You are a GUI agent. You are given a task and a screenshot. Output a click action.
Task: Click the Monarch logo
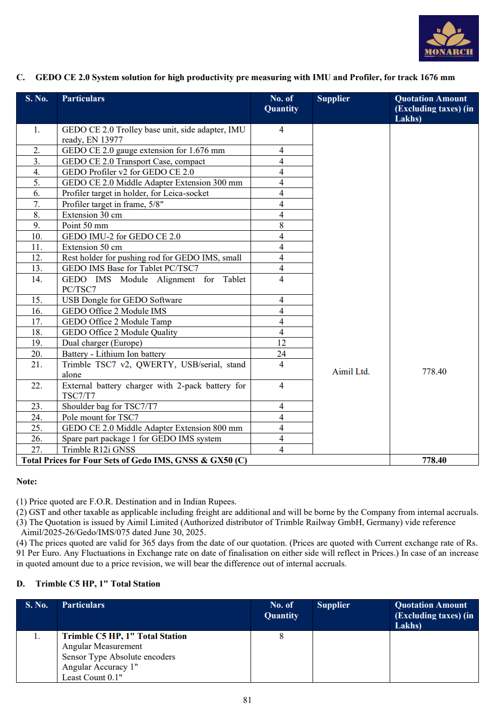click(x=448, y=38)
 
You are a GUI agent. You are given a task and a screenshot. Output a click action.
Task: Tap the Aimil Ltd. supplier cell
click(x=351, y=371)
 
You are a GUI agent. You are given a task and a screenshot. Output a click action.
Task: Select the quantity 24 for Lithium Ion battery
click(x=281, y=354)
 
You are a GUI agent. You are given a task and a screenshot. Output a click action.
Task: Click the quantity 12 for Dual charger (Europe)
click(x=281, y=343)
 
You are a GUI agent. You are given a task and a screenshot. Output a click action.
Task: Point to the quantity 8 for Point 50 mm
click(x=281, y=225)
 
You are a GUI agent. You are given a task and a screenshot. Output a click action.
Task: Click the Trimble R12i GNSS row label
click(x=98, y=449)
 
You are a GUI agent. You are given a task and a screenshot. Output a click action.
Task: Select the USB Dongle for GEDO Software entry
click(x=122, y=300)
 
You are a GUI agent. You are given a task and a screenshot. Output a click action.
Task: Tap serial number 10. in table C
click(x=37, y=236)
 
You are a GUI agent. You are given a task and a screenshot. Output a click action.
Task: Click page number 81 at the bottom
click(x=247, y=700)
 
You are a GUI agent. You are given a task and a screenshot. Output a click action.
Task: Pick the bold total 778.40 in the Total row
click(x=434, y=460)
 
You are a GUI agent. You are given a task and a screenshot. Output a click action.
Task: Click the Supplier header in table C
click(x=333, y=99)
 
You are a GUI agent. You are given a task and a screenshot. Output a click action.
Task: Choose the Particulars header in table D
click(x=83, y=605)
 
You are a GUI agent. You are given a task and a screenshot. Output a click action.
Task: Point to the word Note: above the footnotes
click(x=27, y=481)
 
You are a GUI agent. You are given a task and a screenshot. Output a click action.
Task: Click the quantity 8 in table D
click(x=281, y=636)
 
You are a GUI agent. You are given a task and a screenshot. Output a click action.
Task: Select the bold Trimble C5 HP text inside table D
click(x=124, y=636)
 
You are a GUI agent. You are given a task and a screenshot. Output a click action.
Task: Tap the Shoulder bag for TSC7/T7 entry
click(x=109, y=406)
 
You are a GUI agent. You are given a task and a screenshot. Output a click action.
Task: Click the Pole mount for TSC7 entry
click(x=100, y=417)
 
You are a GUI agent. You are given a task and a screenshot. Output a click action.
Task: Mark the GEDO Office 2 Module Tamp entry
click(x=116, y=321)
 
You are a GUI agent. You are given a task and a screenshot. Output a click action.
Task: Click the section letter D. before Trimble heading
click(x=21, y=584)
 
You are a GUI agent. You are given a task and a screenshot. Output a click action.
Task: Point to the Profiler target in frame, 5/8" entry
click(x=112, y=204)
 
